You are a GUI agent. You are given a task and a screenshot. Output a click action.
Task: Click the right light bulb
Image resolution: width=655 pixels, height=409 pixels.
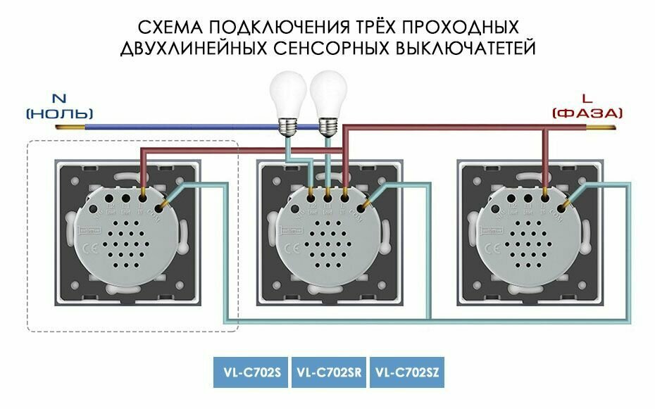[327, 96]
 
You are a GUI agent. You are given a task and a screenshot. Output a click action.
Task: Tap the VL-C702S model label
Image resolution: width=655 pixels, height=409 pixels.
[250, 373]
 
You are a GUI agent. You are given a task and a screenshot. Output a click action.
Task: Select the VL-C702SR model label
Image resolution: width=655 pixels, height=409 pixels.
[328, 373]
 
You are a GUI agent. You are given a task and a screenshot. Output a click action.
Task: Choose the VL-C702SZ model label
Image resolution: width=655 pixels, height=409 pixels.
[406, 373]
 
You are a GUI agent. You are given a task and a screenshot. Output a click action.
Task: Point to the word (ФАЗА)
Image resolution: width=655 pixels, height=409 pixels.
[587, 113]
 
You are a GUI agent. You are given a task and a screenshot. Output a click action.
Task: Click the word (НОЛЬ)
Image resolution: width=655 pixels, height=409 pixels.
[59, 113]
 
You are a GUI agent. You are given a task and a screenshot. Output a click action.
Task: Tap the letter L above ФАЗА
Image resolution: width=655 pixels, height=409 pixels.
[587, 99]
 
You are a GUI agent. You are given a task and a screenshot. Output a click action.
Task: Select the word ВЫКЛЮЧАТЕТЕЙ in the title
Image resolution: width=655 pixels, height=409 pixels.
[463, 49]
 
